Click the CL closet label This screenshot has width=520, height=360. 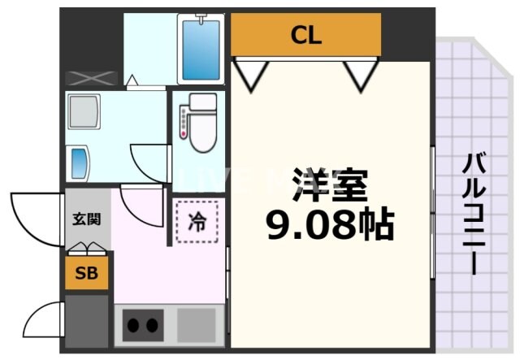(306, 35)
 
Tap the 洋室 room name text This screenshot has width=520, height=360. (331, 188)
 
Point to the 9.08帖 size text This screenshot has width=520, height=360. (331, 224)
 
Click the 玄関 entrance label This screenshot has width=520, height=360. (86, 219)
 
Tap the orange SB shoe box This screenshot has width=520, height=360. (86, 273)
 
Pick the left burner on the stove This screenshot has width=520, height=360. (132, 326)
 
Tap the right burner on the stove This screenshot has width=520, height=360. (151, 326)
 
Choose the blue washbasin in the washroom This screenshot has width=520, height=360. (80, 163)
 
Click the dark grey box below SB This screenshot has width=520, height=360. (86, 320)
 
